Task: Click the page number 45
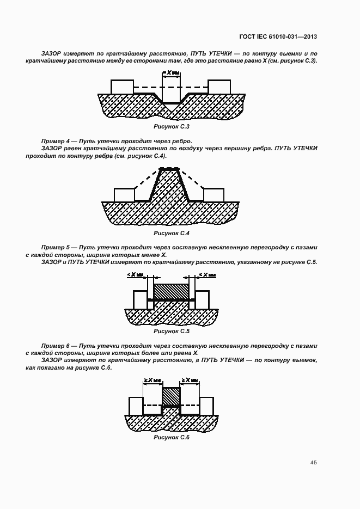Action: click(x=313, y=463)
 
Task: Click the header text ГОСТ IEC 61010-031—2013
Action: click(x=278, y=36)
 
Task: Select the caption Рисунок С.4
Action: click(x=171, y=233)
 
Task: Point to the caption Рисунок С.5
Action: click(x=171, y=331)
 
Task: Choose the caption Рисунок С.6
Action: click(x=171, y=438)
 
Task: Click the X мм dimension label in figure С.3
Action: click(x=172, y=72)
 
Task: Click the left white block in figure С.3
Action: click(x=122, y=87)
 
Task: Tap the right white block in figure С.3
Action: click(x=219, y=87)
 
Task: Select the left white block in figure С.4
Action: click(x=125, y=194)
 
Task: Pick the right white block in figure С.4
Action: click(x=213, y=194)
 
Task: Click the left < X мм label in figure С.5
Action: click(x=135, y=275)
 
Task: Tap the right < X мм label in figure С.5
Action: click(x=208, y=275)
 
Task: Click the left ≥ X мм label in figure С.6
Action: click(x=152, y=381)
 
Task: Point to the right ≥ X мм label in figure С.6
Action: click(x=190, y=381)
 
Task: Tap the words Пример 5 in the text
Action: click(x=56, y=248)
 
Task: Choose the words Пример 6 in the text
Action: click(x=56, y=346)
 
